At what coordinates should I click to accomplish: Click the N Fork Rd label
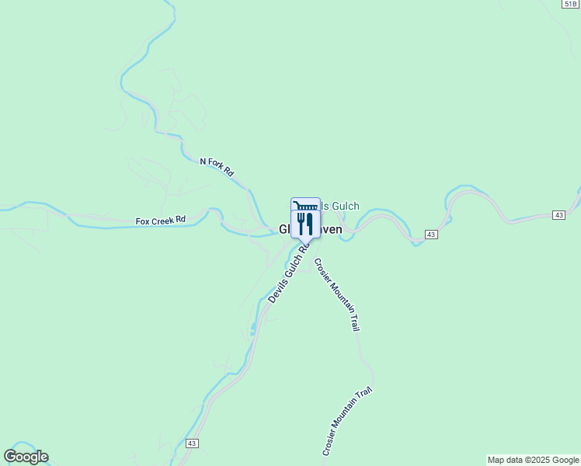(x=217, y=166)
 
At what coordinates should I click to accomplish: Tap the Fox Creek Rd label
(x=161, y=221)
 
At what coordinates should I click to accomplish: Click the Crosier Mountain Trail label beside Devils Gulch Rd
(x=336, y=295)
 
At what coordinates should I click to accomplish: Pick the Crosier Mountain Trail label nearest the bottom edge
(x=347, y=421)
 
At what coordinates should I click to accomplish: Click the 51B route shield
(x=571, y=4)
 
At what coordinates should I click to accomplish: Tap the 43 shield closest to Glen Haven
(x=431, y=234)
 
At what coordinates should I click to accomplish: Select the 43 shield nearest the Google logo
(x=193, y=443)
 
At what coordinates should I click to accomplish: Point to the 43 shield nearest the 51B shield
(x=558, y=214)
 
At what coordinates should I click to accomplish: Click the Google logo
(x=26, y=457)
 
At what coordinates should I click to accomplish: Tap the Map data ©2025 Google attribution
(x=533, y=460)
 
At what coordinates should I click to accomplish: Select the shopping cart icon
(x=304, y=206)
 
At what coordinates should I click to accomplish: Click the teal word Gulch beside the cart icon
(x=346, y=206)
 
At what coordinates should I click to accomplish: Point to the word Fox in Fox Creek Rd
(x=143, y=221)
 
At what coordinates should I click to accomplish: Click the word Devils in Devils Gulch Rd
(x=277, y=291)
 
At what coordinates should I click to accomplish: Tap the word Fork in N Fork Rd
(x=217, y=165)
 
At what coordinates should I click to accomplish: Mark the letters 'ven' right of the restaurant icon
(x=332, y=230)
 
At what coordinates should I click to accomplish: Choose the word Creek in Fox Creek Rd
(x=163, y=221)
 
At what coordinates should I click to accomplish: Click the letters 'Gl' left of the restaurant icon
(x=284, y=230)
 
